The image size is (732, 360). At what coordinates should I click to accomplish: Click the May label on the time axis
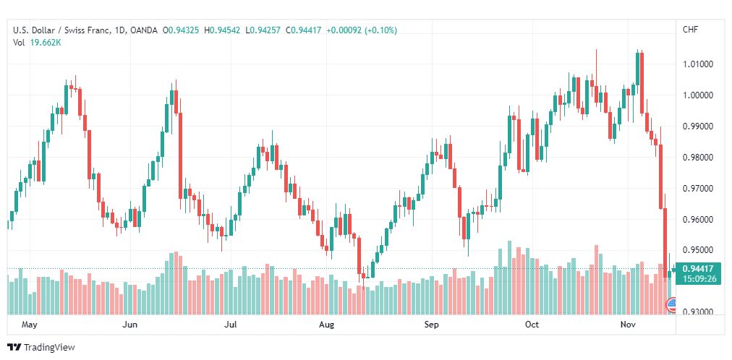click(30, 325)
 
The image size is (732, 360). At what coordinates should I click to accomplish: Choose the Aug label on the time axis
click(326, 325)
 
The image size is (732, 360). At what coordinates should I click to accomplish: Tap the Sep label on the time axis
click(432, 325)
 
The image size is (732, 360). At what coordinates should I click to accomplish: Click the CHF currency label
click(691, 30)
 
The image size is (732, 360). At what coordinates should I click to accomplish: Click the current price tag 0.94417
click(697, 269)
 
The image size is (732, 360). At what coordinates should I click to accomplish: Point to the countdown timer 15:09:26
click(697, 279)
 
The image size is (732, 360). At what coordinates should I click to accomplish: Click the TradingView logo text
click(49, 348)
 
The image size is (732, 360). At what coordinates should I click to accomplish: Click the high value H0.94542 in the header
click(222, 30)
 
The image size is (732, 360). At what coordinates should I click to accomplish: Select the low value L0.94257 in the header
click(263, 30)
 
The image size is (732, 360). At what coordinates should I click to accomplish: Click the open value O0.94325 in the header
click(181, 30)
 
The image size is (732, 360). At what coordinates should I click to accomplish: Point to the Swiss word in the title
click(77, 30)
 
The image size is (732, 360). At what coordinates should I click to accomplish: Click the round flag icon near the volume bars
click(672, 306)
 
